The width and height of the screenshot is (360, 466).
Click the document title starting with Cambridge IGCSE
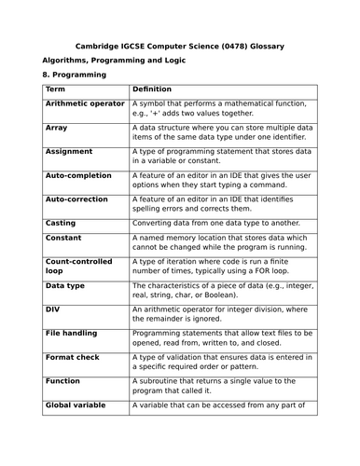[179, 46]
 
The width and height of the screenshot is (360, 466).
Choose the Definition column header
[153, 89]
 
